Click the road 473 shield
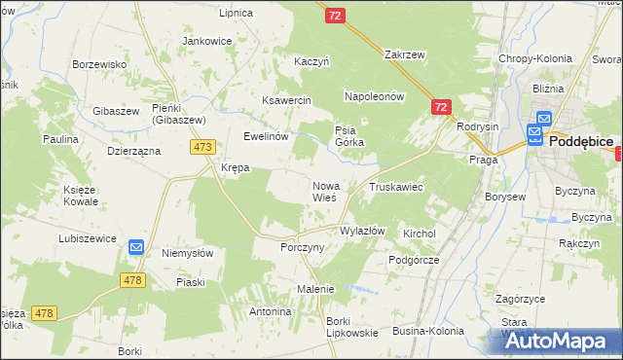[x=202, y=147]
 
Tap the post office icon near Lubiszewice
[x=136, y=248]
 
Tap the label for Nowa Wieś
[x=324, y=191]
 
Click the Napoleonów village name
[x=374, y=97]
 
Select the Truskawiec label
[x=395, y=186]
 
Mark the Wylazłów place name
[x=362, y=231]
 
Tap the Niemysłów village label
[x=187, y=253]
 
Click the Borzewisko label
[x=100, y=64]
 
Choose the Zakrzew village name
[x=405, y=54]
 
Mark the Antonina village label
[x=271, y=311]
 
